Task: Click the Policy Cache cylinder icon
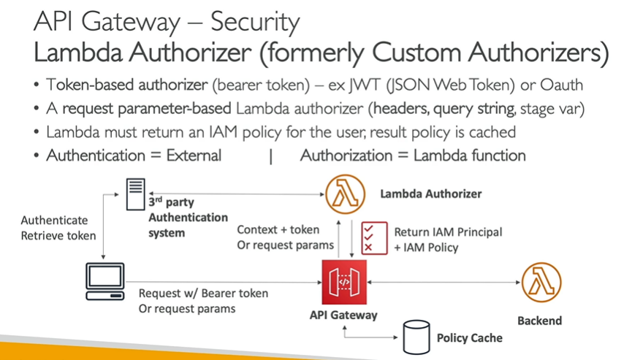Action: pyautogui.click(x=414, y=337)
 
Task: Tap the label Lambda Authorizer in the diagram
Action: pyautogui.click(x=431, y=194)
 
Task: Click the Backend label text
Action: pyautogui.click(x=539, y=321)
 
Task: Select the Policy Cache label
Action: pyautogui.click(x=469, y=338)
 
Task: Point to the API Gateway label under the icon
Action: pyautogui.click(x=344, y=315)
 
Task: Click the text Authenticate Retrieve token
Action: pyautogui.click(x=54, y=227)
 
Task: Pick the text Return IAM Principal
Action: pyautogui.click(x=448, y=232)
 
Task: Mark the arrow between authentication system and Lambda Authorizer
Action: pyautogui.click(x=241, y=195)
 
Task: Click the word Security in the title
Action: pyautogui.click(x=255, y=22)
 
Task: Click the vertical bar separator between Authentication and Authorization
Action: pyautogui.click(x=271, y=156)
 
